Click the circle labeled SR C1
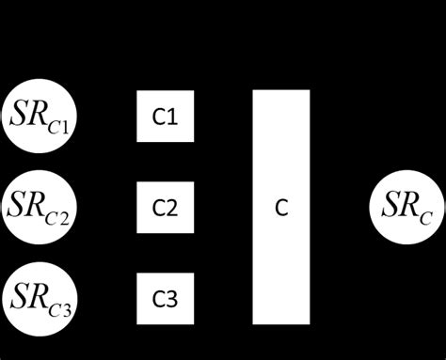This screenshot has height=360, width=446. (x=40, y=117)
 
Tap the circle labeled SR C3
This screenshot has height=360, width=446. (x=40, y=298)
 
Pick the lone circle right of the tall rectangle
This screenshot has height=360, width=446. (x=406, y=207)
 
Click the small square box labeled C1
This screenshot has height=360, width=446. (x=165, y=117)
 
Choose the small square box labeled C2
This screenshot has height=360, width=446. (x=165, y=207)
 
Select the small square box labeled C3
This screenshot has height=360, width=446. (x=165, y=298)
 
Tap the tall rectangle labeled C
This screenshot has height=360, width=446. (x=281, y=207)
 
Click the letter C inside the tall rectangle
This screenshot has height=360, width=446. (x=281, y=207)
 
